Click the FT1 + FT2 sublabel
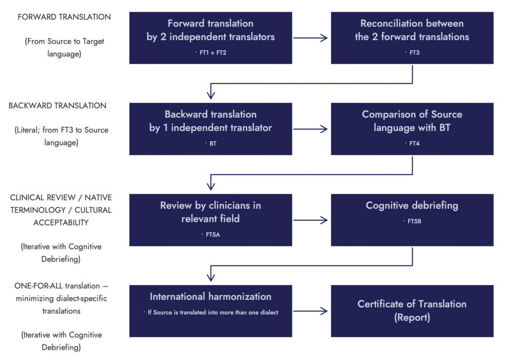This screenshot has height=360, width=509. [x=211, y=52]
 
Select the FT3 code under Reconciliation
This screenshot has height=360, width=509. [x=413, y=52]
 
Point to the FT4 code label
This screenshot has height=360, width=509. [x=413, y=143]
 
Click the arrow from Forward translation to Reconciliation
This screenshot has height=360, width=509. [x=311, y=38]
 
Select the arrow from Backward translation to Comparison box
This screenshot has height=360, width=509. [x=311, y=129]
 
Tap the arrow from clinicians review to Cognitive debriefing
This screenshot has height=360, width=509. [x=311, y=220]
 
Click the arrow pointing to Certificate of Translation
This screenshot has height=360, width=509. [x=311, y=311]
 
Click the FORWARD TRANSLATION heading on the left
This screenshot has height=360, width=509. [x=64, y=17]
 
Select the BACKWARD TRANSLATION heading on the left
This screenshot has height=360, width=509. [x=58, y=105]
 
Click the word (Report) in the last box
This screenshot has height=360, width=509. [x=412, y=317]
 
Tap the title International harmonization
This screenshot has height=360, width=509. [x=211, y=297]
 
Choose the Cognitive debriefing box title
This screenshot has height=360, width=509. [x=412, y=205]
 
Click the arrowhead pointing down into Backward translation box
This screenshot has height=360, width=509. [x=211, y=94]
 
